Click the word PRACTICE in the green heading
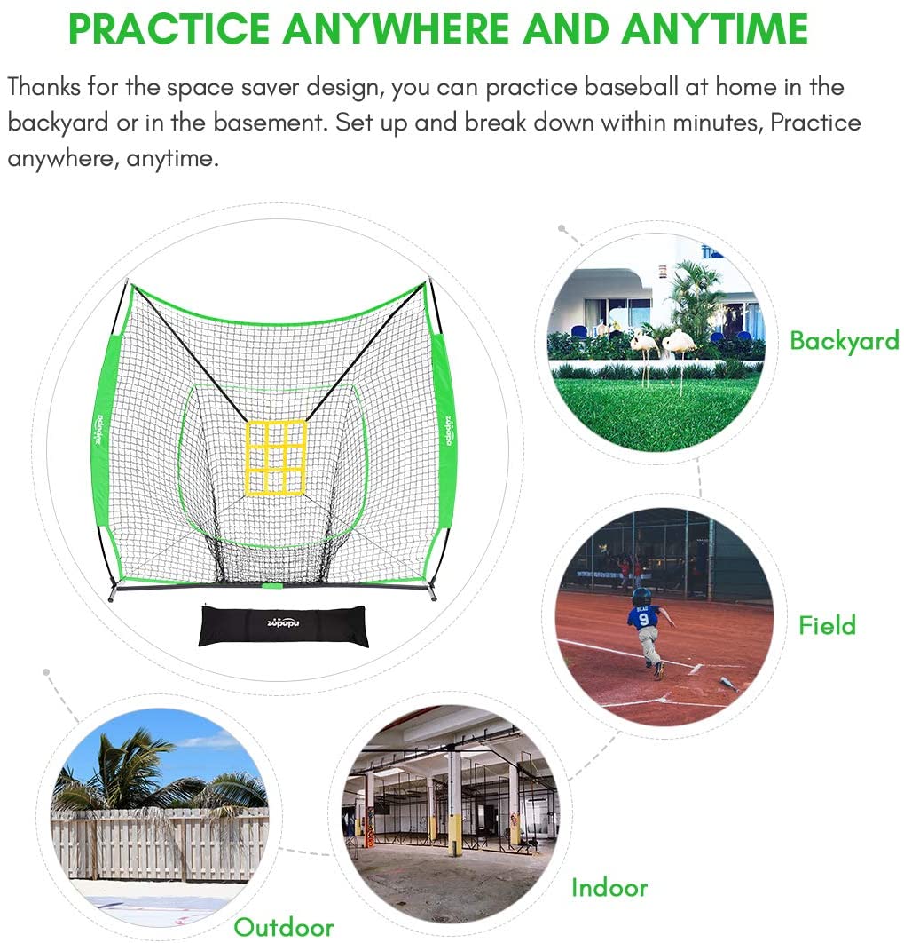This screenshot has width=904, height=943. pos(169,28)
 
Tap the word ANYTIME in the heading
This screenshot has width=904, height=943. pos(715,28)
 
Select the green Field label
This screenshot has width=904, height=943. pos(827,625)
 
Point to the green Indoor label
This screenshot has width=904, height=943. pos(609,888)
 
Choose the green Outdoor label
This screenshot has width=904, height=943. pos(284,927)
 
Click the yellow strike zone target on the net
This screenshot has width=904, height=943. pos(276,457)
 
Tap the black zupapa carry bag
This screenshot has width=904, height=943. pos(283,626)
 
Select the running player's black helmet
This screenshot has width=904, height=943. pos(642,597)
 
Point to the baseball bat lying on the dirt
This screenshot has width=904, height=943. pos(729,683)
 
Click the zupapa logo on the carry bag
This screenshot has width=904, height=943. pos(283,622)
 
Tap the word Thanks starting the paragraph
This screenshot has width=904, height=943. pos(44,87)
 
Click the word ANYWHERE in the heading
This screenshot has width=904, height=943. pos(397,28)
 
